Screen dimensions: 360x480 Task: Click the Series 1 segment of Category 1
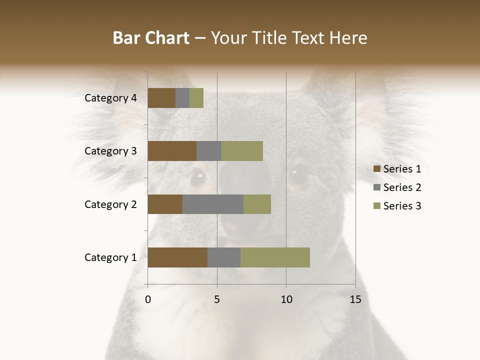pos(177,257)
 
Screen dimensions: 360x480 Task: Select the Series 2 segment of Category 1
pos(224,257)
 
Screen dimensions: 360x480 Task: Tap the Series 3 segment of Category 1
pos(275,257)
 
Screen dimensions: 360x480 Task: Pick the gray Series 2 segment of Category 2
pos(213,204)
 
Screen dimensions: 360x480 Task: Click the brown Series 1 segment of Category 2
pos(165,204)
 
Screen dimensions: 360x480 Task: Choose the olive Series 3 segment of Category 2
pos(257,204)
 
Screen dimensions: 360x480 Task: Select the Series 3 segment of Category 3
pos(242,151)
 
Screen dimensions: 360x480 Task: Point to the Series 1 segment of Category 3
pos(172,151)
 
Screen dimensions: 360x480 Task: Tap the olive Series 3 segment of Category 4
pos(196,98)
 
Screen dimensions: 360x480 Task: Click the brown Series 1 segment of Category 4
pos(161,98)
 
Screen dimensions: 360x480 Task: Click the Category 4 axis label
pos(110,98)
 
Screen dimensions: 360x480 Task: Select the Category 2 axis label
pos(110,204)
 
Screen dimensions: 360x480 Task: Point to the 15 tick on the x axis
pos(355,299)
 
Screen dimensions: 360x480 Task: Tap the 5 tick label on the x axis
pos(217,299)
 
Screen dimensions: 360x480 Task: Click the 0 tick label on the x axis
pos(148,299)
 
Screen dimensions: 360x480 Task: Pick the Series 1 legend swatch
pos(376,169)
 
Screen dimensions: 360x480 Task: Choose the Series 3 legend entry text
pos(402,206)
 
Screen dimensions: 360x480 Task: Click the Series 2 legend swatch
pos(376,187)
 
